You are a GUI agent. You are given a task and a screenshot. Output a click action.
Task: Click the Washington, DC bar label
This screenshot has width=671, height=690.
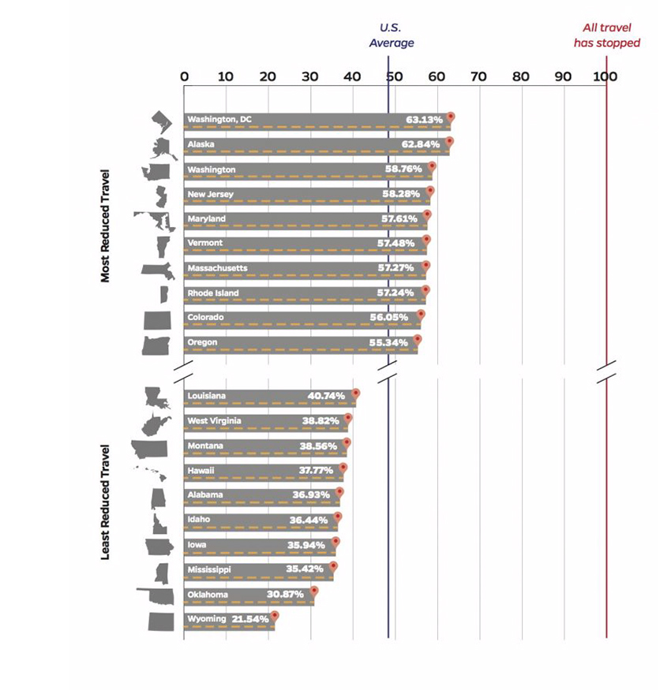tap(219, 119)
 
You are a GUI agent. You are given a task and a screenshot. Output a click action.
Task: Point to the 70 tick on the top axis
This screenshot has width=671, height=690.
tap(478, 76)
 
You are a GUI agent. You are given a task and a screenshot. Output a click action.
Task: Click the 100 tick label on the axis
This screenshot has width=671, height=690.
tap(605, 76)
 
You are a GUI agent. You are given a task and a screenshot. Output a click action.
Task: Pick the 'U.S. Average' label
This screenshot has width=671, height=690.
tap(391, 35)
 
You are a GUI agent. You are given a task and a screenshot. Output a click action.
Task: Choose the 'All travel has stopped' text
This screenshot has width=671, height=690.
tap(606, 35)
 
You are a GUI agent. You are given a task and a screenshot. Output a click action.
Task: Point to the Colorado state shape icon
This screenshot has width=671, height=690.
tap(156, 319)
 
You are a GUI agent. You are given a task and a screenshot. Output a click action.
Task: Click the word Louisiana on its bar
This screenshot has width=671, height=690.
tap(206, 396)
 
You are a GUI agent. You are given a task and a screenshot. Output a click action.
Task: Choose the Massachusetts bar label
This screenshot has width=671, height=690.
tap(217, 268)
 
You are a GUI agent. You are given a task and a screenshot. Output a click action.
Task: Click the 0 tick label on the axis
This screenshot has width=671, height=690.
tap(184, 76)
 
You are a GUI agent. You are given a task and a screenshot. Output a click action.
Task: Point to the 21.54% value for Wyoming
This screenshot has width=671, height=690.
tap(250, 619)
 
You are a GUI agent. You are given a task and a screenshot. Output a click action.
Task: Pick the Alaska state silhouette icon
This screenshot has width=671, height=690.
tap(163, 147)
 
